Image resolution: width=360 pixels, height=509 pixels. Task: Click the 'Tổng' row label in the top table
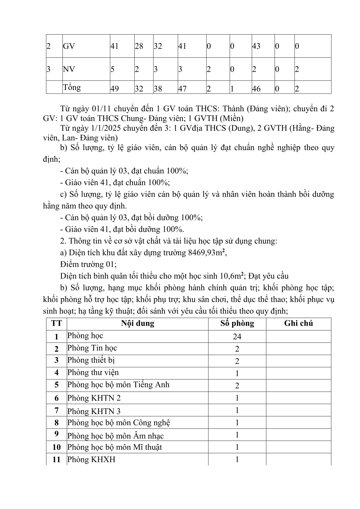point(72,88)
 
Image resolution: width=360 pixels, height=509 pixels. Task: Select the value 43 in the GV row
point(256,46)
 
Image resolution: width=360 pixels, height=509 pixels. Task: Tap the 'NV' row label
point(69,69)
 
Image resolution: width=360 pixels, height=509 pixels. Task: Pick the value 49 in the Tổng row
point(115,89)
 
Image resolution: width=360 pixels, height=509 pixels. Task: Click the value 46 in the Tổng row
point(256,89)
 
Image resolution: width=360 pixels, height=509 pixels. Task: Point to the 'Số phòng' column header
point(237,323)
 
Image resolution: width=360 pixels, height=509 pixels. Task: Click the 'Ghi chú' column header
point(298,323)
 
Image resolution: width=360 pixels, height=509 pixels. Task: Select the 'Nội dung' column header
point(137,323)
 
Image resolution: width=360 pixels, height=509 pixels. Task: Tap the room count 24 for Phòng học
point(237,337)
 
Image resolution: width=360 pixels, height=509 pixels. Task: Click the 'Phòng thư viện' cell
point(93,373)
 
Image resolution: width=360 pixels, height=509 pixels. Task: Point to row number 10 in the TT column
point(56,447)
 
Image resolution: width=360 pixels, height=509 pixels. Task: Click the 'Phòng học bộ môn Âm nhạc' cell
point(115,436)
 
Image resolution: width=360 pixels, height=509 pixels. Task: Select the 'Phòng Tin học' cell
point(92,348)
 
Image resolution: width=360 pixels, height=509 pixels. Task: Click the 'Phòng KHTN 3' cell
point(94,412)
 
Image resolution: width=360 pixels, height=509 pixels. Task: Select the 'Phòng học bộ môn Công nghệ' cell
point(118,423)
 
